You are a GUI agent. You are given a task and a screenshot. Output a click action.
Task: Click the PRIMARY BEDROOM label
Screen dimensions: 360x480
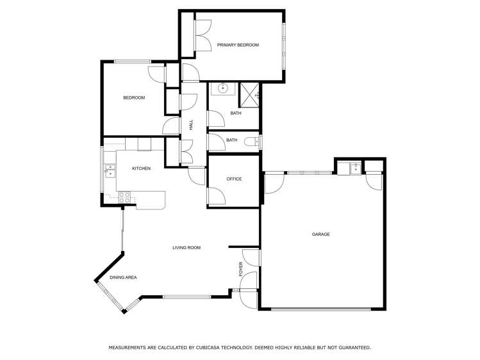coord(238,45)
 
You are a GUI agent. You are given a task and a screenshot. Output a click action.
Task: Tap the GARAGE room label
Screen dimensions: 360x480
coord(320,234)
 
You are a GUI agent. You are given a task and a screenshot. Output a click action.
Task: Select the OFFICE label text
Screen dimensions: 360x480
coord(234,179)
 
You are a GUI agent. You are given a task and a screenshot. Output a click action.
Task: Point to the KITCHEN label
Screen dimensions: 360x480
coord(141,168)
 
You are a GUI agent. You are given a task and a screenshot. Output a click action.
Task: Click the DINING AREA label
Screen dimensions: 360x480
coord(123,277)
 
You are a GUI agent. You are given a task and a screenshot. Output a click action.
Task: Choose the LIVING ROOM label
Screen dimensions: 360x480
coord(186,247)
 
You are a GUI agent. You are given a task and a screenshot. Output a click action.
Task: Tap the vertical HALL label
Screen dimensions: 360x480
coord(190,126)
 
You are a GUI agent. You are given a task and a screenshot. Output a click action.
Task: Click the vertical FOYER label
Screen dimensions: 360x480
coord(241,269)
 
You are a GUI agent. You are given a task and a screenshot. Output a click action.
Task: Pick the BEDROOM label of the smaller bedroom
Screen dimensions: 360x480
coord(134,98)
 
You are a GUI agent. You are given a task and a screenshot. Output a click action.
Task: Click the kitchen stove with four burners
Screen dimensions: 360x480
coord(125,198)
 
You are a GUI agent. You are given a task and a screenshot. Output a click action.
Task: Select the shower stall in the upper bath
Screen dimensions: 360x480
coord(249,95)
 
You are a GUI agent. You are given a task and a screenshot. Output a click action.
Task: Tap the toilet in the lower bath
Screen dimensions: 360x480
coord(257,141)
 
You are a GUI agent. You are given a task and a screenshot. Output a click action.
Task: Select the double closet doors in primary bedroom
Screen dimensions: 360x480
coord(203,35)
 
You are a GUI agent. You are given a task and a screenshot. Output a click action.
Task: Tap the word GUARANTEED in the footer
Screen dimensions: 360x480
coord(354,347)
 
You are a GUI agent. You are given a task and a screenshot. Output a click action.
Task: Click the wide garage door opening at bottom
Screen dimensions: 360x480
coord(320,309)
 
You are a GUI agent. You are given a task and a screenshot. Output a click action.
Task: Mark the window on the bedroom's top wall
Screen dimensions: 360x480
coord(133,61)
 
